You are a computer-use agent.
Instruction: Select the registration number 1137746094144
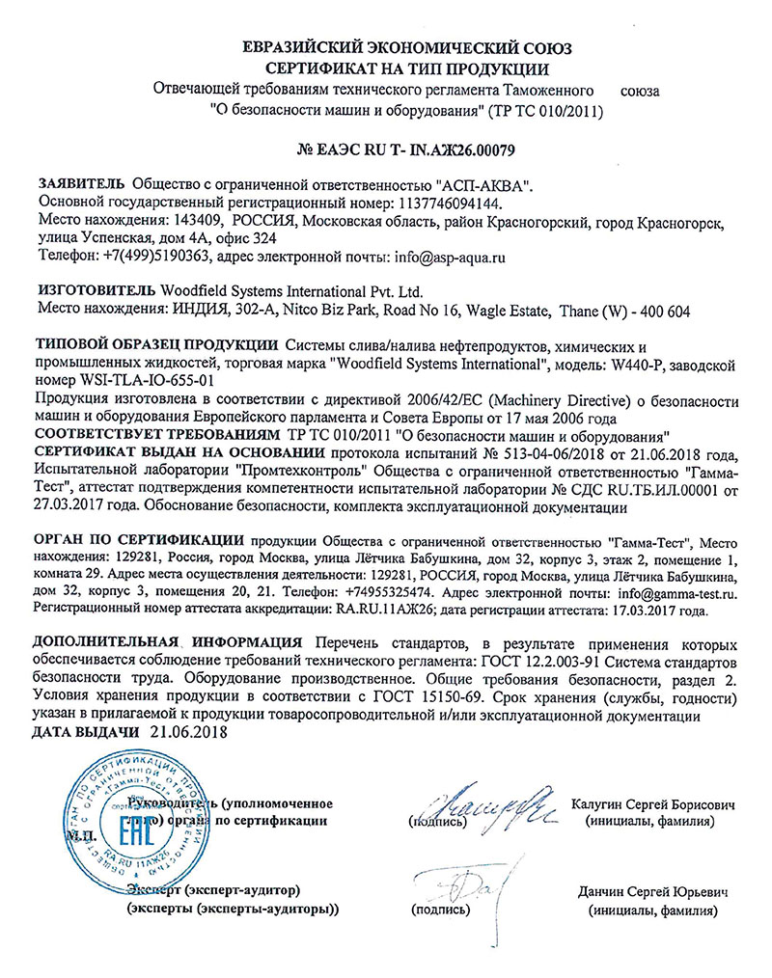pyautogui.click(x=449, y=204)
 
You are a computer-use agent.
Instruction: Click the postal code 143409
pyautogui.click(x=204, y=222)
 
